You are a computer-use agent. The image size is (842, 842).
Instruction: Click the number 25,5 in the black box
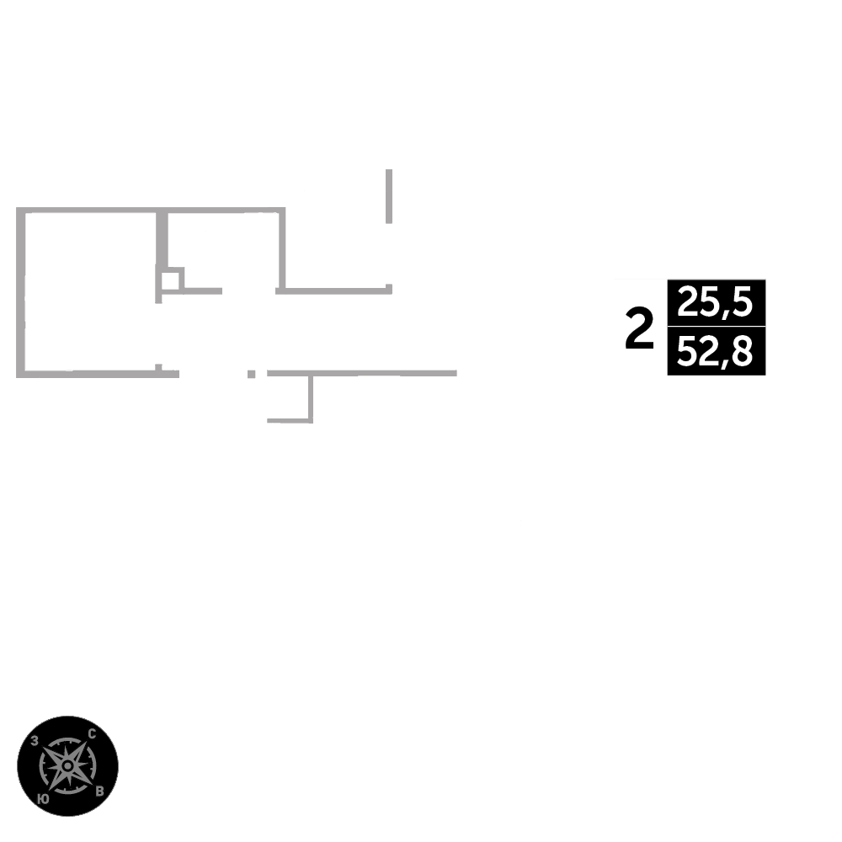[715, 301]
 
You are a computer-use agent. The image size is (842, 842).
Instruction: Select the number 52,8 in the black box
[715, 350]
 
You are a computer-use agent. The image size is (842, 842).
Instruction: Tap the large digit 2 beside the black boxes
[640, 328]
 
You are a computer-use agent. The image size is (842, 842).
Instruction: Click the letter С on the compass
[92, 734]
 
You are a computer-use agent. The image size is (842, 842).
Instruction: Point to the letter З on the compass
[35, 741]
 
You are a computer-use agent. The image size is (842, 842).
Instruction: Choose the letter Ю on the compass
[44, 798]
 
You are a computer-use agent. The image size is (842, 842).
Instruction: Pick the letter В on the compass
[99, 791]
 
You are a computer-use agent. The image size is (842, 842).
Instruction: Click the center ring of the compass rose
[67, 765]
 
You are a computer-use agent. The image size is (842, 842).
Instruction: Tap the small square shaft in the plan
[171, 280]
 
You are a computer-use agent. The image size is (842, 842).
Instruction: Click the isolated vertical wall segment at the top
[389, 196]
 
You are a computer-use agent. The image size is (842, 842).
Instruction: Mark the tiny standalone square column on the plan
[251, 374]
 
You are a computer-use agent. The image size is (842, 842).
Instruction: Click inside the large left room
[90, 291]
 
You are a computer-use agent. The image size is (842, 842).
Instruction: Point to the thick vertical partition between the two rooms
[162, 239]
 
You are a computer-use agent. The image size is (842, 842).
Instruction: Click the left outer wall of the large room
[20, 292]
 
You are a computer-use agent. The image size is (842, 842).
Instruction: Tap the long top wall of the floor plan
[151, 210]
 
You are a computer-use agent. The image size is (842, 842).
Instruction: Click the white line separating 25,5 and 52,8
[717, 325]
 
